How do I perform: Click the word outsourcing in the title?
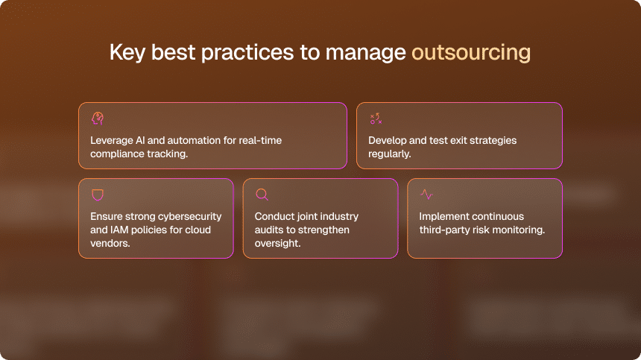click(x=471, y=53)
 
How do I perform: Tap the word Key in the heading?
click(x=127, y=53)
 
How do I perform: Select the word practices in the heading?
click(x=247, y=53)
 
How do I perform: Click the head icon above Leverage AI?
click(x=98, y=119)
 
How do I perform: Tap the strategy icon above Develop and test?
click(x=376, y=119)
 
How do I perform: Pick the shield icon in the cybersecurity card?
click(x=98, y=195)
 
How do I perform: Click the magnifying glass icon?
click(x=262, y=195)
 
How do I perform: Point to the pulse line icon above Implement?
click(x=427, y=194)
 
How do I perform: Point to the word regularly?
click(x=389, y=154)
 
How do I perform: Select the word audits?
click(x=269, y=230)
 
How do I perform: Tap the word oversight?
click(x=277, y=243)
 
